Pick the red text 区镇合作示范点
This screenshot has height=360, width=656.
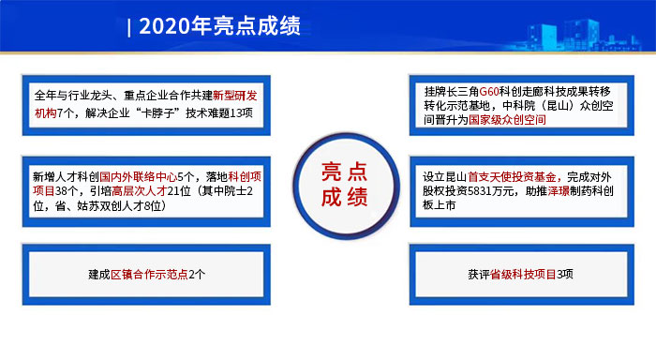[x=149, y=275]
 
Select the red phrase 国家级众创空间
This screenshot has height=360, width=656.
[x=509, y=122]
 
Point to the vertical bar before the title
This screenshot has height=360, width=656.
[x=128, y=26]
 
